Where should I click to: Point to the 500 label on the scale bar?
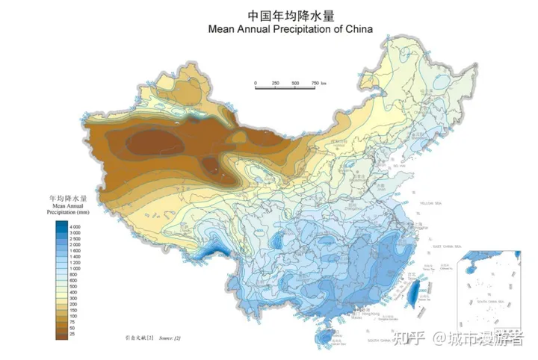[295, 83]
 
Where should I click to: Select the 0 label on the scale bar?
[256, 83]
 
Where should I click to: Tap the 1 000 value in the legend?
[75, 269]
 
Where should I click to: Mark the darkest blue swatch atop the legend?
[61, 224]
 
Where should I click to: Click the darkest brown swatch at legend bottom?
[61, 335]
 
